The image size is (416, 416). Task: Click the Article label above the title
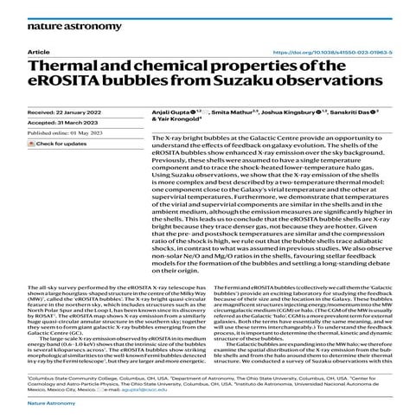coord(39,53)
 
